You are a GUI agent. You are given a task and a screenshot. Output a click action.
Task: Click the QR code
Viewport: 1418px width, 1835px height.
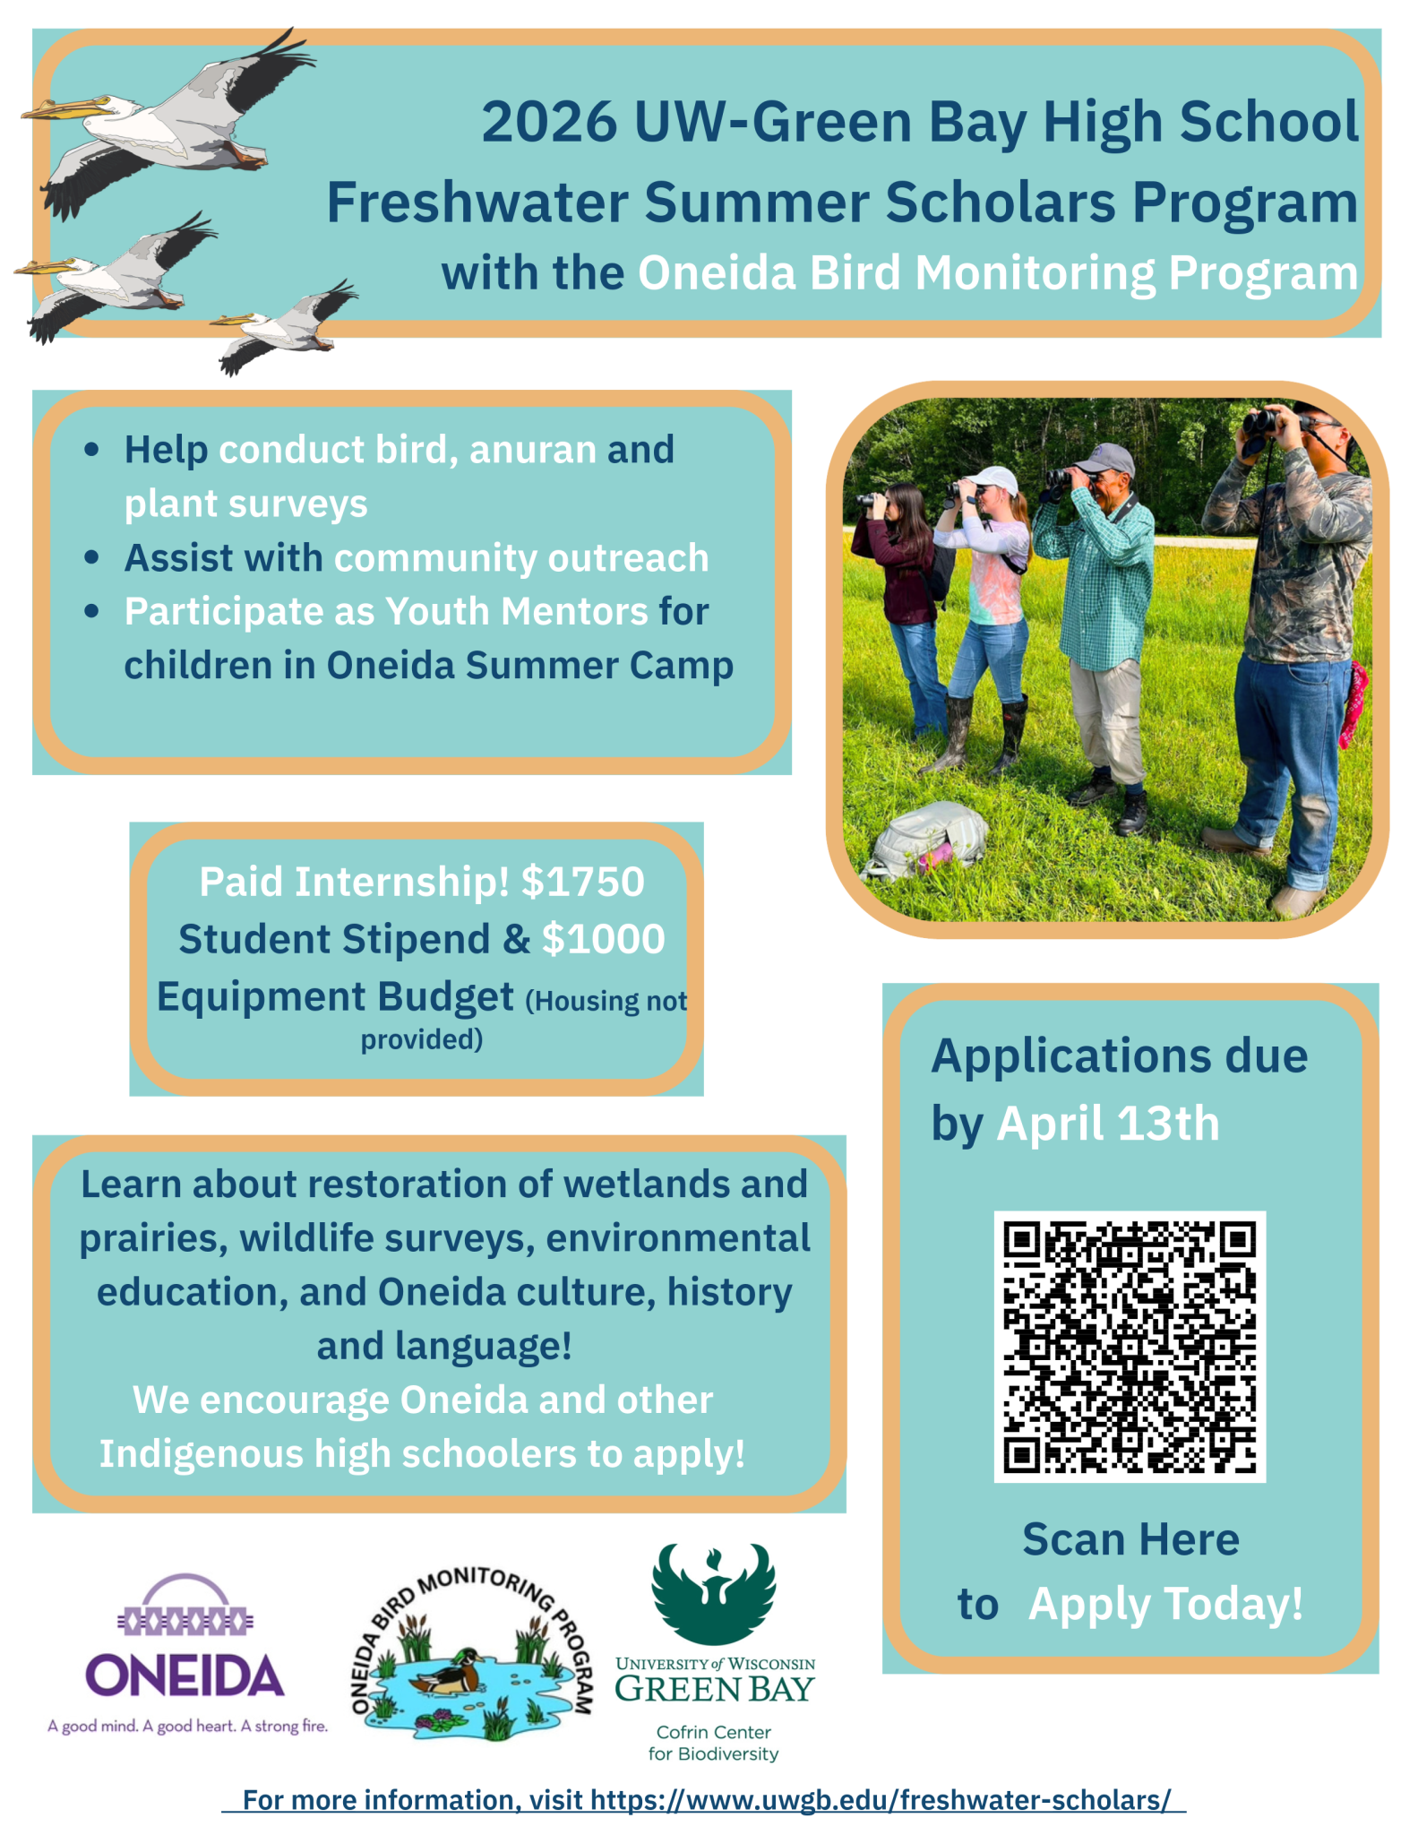pos(1130,1347)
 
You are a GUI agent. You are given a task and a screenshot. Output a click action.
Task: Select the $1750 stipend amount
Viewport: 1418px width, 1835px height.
pos(583,882)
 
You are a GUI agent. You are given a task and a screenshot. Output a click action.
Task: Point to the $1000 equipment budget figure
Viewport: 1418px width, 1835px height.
pos(604,939)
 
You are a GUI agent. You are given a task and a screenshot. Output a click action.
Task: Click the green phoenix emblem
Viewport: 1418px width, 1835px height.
pos(714,1593)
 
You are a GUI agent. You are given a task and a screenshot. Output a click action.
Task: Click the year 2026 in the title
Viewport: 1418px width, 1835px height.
pos(549,122)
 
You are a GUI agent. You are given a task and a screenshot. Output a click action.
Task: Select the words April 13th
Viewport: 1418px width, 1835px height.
pos(1108,1123)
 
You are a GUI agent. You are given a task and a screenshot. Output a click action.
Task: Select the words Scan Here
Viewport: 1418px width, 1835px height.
pos(1130,1539)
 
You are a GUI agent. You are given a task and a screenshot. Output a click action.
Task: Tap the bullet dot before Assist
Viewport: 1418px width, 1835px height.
pos(91,557)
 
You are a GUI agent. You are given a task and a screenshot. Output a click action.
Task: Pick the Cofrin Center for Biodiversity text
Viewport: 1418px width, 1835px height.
pos(714,1743)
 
